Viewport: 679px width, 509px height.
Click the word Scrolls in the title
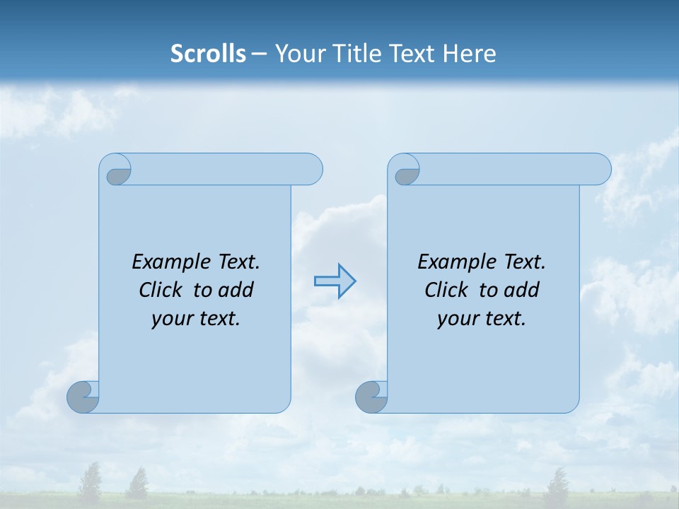click(208, 53)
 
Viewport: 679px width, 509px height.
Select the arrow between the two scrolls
click(335, 281)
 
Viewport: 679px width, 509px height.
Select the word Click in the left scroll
click(162, 290)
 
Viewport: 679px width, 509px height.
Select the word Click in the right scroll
click(448, 290)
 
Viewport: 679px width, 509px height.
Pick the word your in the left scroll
click(171, 319)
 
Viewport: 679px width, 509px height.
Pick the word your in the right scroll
click(457, 319)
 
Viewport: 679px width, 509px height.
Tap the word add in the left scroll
click(236, 290)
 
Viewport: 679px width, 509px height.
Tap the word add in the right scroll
click(521, 290)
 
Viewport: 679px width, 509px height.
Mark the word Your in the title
click(296, 53)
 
